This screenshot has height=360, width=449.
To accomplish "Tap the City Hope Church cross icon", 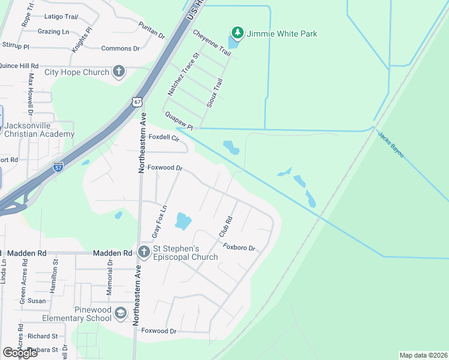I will (x=118, y=72).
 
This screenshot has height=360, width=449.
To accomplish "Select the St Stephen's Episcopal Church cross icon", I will (x=144, y=251).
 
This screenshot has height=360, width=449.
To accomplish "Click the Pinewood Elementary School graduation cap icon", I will (x=121, y=313).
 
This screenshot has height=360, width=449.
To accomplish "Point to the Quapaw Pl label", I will (x=179, y=120).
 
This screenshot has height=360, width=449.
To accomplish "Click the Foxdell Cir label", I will (x=164, y=137).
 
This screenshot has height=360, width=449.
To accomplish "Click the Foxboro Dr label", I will (x=240, y=247).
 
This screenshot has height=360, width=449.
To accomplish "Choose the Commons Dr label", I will (x=120, y=49).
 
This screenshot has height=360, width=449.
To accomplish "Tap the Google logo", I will (x=20, y=353).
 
